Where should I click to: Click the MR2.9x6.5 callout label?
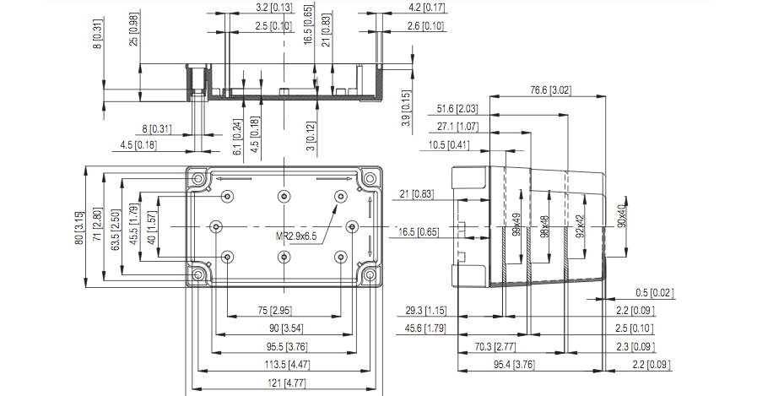click(296, 236)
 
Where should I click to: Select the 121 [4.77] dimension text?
click(287, 383)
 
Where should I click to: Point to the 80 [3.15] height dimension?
click(78, 227)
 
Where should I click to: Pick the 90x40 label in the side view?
click(622, 215)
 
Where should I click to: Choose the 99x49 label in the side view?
click(516, 225)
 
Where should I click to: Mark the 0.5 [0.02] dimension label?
click(655, 293)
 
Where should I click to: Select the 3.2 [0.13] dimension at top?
click(274, 8)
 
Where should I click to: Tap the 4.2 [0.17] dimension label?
click(427, 8)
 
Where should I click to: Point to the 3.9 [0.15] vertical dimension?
click(407, 109)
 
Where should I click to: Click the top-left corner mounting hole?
click(198, 179)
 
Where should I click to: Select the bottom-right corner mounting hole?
click(370, 275)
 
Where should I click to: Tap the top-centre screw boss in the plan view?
click(284, 197)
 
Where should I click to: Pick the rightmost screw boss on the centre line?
click(353, 226)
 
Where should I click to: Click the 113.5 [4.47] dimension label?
click(287, 365)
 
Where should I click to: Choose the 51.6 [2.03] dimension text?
click(457, 109)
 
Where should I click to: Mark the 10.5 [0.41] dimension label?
click(448, 145)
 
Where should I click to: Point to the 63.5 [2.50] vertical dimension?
click(115, 230)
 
